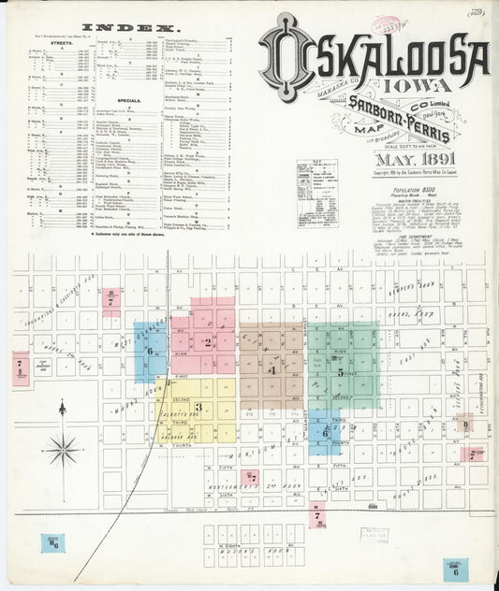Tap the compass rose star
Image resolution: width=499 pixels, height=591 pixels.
point(63,443)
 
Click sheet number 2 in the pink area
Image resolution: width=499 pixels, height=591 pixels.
point(207,342)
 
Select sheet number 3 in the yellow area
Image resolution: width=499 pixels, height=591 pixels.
point(198,407)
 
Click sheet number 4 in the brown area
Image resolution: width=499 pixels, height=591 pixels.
point(271,369)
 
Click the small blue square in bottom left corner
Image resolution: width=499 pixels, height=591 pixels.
point(51,543)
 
